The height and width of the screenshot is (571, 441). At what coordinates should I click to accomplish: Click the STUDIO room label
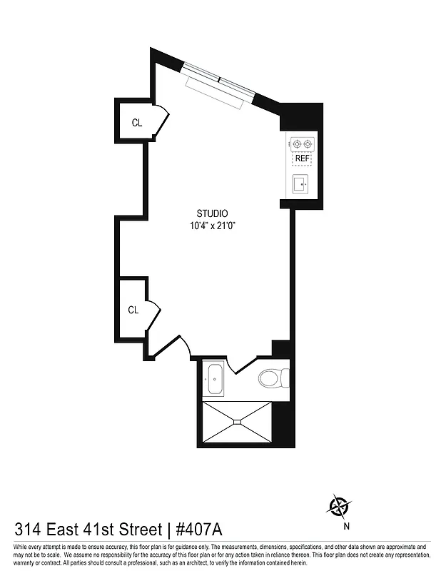tap(212, 213)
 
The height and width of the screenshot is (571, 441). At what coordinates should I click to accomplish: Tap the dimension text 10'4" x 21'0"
tap(212, 226)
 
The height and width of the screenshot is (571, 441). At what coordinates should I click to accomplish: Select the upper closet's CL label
tap(136, 123)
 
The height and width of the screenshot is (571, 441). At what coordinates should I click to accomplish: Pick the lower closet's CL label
tap(133, 310)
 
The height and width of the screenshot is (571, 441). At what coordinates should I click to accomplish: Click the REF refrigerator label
tap(303, 158)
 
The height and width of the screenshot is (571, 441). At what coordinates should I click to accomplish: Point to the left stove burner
tap(297, 143)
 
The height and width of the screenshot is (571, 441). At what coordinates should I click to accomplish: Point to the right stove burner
tap(308, 143)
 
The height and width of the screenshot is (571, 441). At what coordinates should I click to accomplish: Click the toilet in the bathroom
tap(274, 376)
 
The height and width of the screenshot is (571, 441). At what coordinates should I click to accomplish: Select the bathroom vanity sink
tap(214, 379)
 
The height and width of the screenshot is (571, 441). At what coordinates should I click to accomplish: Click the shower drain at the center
tap(238, 422)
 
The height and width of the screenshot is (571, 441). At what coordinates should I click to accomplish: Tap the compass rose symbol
tap(339, 507)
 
